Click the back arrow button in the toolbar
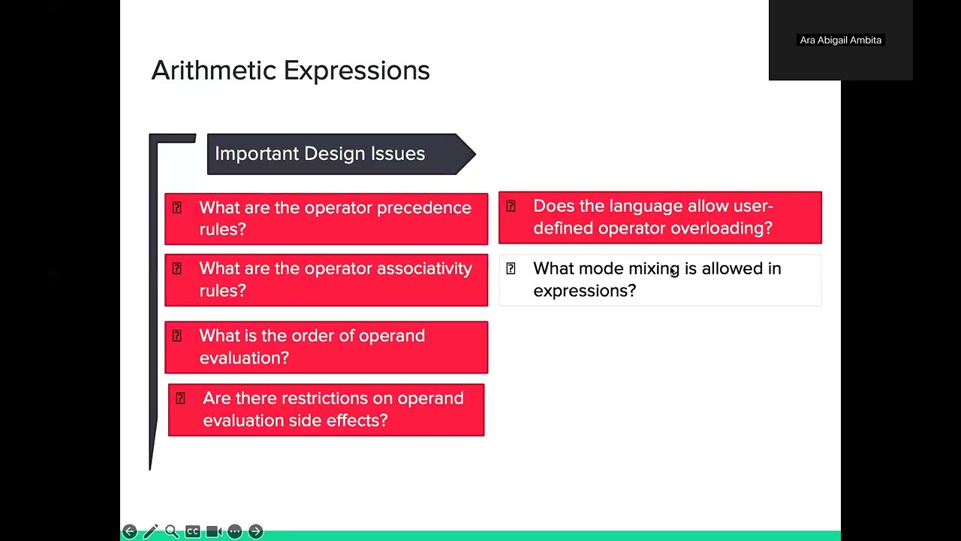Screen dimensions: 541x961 (129, 532)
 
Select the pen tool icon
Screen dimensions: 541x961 (150, 532)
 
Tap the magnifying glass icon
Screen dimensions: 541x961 (171, 532)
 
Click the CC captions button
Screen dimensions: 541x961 (192, 532)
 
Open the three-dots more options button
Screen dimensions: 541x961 (234, 532)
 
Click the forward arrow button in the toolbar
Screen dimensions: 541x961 (255, 532)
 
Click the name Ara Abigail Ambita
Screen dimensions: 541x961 (840, 41)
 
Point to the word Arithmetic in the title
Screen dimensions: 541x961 (213, 71)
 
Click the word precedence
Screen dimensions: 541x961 (423, 208)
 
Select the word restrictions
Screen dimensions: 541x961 (336, 398)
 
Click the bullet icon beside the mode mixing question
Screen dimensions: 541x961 (511, 269)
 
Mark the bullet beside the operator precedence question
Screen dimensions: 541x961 (176, 208)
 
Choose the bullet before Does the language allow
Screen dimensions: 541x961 (511, 207)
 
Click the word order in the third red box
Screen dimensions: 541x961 (311, 336)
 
